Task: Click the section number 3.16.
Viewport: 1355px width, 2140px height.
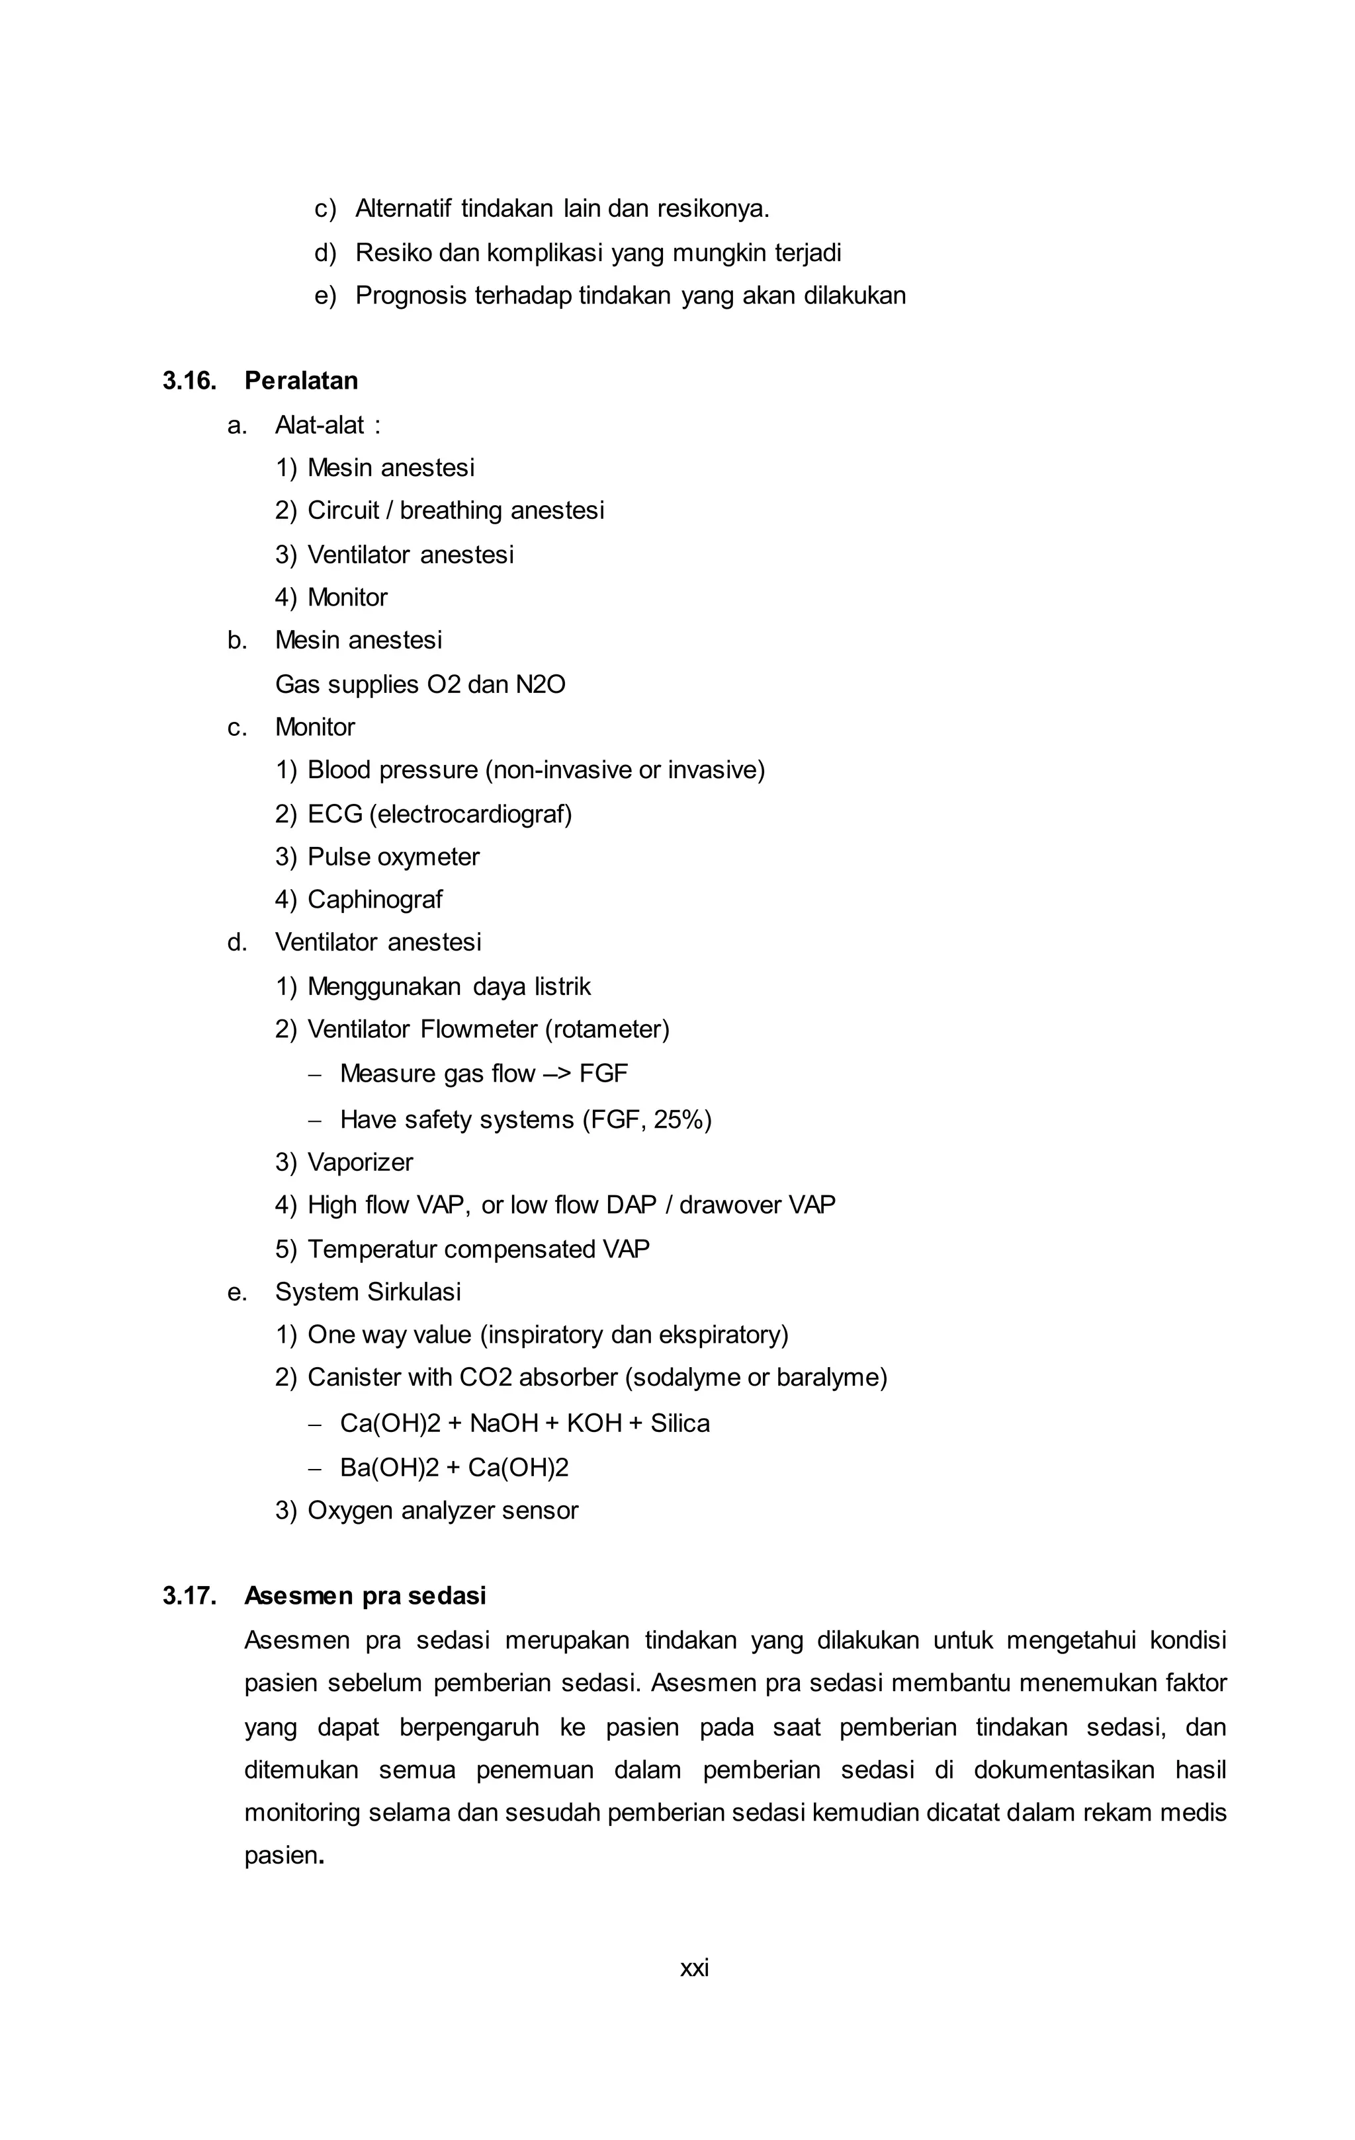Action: (189, 381)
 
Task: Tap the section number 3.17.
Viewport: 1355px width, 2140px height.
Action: (189, 1596)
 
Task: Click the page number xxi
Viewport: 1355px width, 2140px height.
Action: (695, 1967)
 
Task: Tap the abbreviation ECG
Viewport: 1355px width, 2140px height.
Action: (334, 814)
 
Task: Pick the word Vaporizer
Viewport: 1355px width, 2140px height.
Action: (360, 1162)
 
